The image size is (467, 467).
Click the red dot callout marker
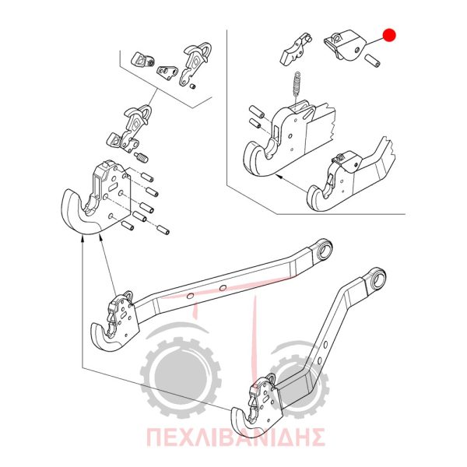coord(389,35)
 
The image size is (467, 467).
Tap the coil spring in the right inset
coord(297,84)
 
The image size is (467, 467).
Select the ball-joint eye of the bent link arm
coord(377,278)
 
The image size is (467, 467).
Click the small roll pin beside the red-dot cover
coord(373,61)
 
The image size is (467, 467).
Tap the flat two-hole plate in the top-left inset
coord(167,73)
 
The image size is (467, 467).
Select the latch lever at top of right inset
coord(296,49)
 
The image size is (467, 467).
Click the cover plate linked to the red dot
coord(345,44)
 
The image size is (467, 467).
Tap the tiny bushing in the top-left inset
coord(193,86)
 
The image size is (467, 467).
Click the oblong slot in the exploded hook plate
coord(114,188)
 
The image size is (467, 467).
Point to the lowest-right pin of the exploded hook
coord(163,230)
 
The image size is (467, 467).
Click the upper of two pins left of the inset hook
coord(256,111)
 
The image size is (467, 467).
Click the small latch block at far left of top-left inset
coord(142,59)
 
